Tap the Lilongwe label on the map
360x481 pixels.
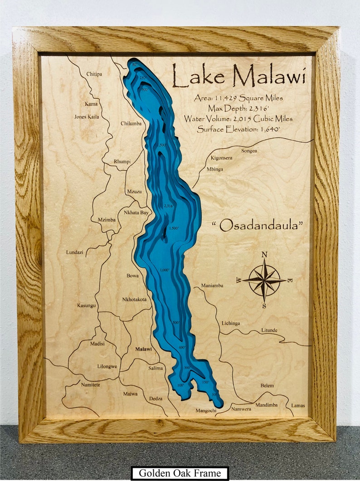[107, 366]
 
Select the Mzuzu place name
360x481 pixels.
[134, 192]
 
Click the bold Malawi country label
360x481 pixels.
[144, 349]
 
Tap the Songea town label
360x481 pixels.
[249, 151]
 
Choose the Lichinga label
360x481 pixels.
[231, 323]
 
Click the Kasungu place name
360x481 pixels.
[87, 306]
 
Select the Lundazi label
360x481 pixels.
[75, 252]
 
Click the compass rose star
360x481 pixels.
[264, 280]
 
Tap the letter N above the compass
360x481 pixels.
[264, 254]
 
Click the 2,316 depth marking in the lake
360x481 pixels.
[168, 206]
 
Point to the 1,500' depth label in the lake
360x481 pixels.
[174, 228]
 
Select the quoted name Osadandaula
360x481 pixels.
[257, 225]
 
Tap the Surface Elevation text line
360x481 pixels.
[238, 129]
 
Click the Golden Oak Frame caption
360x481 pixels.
[180, 473]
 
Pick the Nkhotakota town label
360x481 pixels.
[134, 300]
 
